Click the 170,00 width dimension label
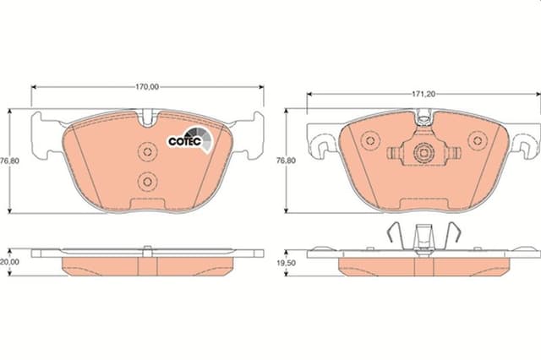(x=148, y=86)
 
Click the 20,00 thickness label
(x=8, y=263)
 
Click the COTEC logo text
(x=182, y=141)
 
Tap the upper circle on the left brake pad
(x=147, y=151)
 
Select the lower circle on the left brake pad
(x=147, y=180)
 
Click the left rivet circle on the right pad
(x=369, y=140)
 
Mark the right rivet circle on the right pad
(x=478, y=140)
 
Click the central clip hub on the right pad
(x=423, y=153)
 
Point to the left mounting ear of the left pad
(x=46, y=134)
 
